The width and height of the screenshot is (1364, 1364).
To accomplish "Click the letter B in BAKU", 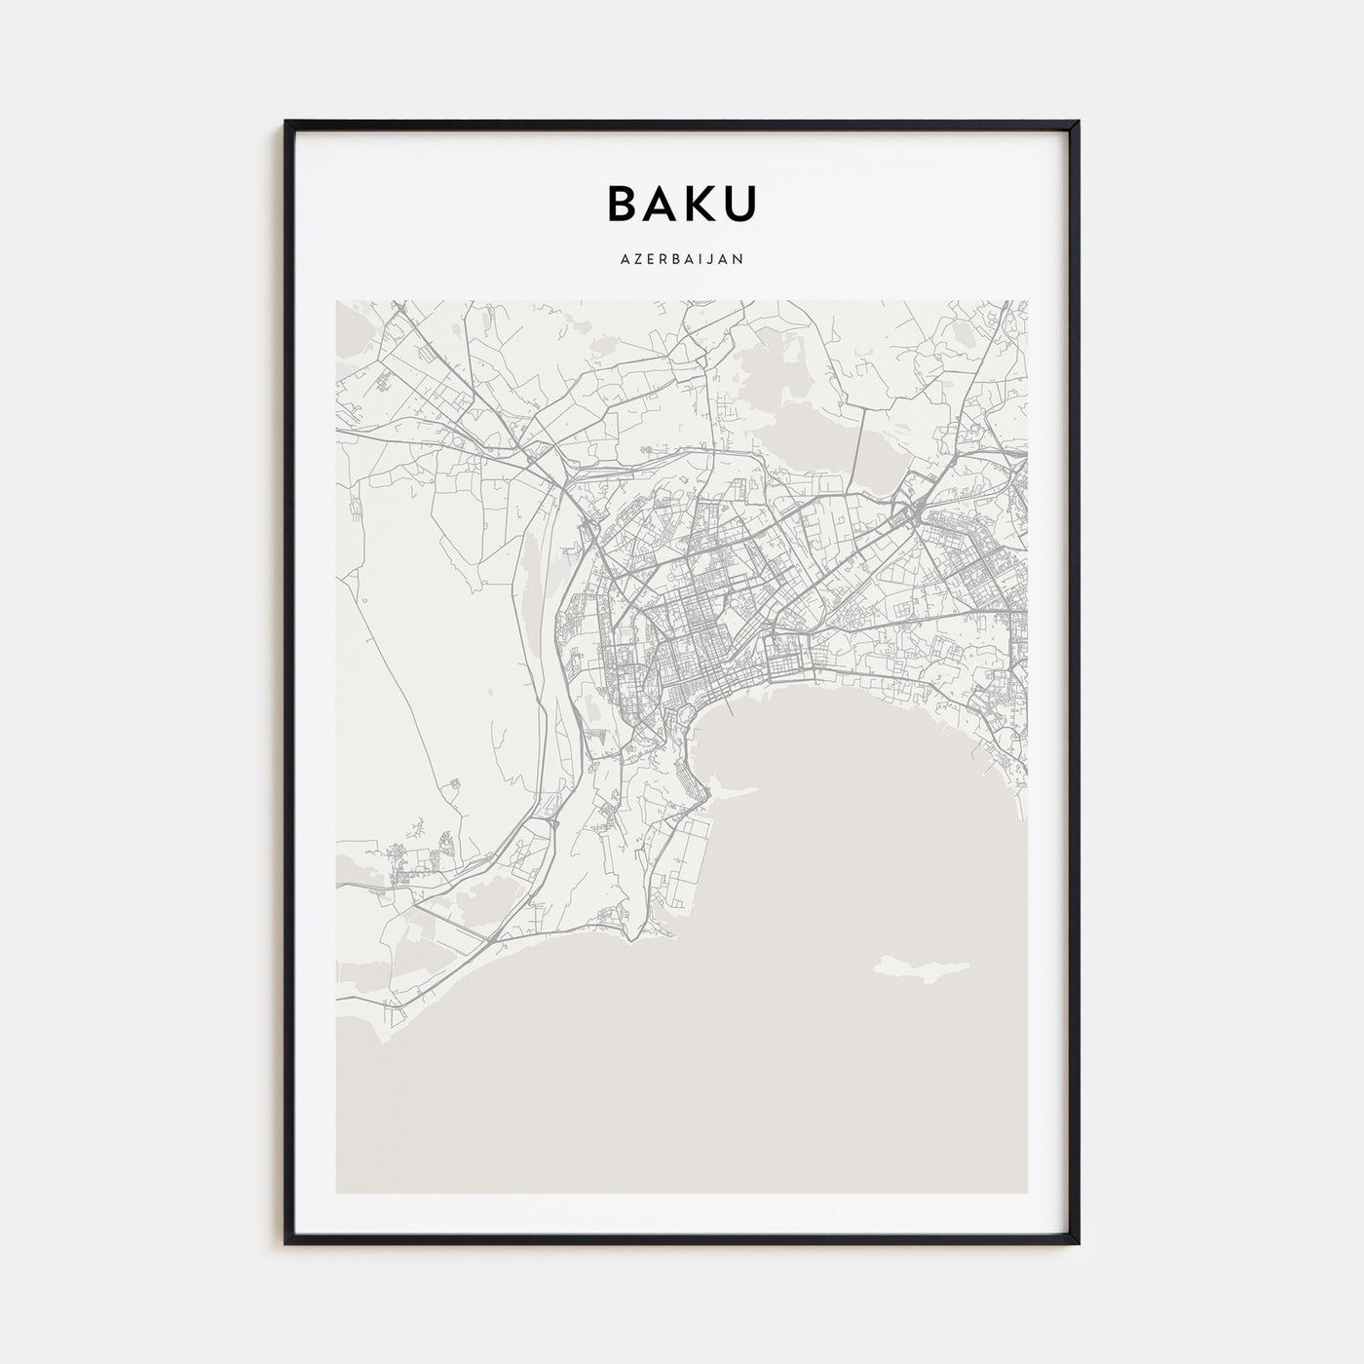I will click(625, 203).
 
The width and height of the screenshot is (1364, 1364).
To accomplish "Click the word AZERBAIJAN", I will click(682, 259).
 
